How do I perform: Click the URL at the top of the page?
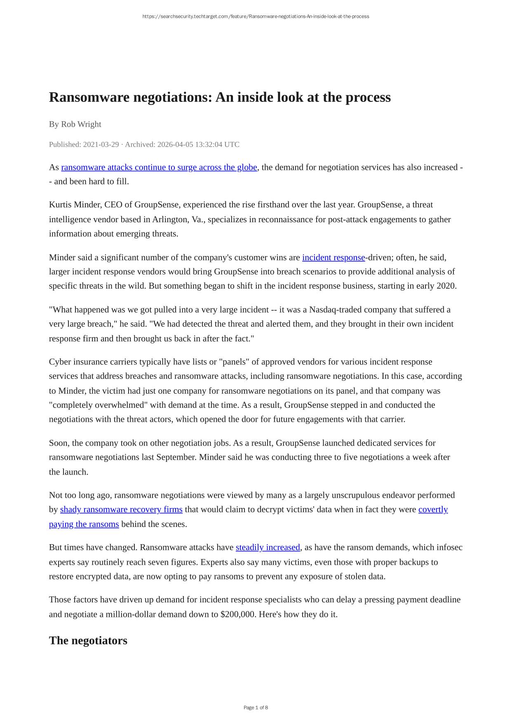pyautogui.click(x=256, y=16)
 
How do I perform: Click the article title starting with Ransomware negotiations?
pyautogui.click(x=220, y=97)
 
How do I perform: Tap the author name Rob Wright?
pyautogui.click(x=81, y=124)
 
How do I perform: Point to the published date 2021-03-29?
pyautogui.click(x=101, y=144)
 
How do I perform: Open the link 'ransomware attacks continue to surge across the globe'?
pyautogui.click(x=159, y=167)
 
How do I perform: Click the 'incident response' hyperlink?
pyautogui.click(x=334, y=258)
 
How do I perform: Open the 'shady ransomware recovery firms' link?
pyautogui.click(x=121, y=510)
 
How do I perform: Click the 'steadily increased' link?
pyautogui.click(x=268, y=548)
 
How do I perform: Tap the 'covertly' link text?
pyautogui.click(x=433, y=510)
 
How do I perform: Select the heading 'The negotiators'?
pyautogui.click(x=88, y=641)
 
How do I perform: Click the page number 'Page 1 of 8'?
pyautogui.click(x=256, y=708)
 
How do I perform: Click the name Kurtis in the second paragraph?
pyautogui.click(x=60, y=205)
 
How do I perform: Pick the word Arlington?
pyautogui.click(x=170, y=219)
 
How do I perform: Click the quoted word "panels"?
pyautogui.click(x=234, y=362)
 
